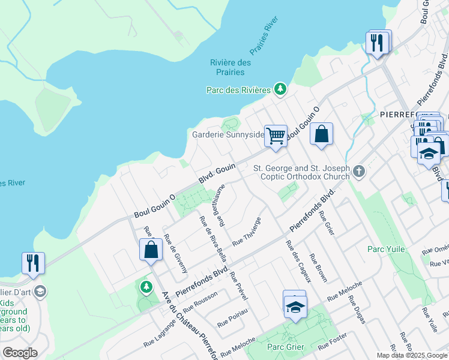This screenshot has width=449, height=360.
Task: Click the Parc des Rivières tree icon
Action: coord(280,89)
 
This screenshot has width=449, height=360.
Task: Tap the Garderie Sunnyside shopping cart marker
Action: coord(276,135)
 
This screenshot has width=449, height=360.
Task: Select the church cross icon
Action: coord(358,172)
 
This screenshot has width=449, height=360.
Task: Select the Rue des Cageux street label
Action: coord(298,261)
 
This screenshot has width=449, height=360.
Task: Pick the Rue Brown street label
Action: coord(320,268)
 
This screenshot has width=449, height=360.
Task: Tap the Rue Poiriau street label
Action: coord(232,319)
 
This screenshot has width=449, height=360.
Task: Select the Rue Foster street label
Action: coord(333,342)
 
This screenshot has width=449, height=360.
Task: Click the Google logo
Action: coord(20,353)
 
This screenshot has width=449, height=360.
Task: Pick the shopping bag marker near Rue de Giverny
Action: coord(151,249)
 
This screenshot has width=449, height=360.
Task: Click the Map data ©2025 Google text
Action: coord(411,355)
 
